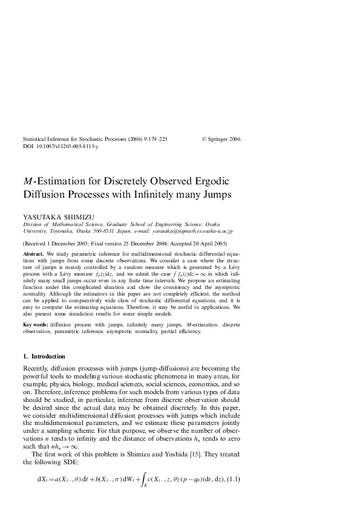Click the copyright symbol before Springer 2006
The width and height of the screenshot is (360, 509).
coord(203,139)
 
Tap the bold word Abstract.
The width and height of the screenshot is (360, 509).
coord(33,254)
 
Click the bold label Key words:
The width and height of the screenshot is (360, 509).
coord(37,325)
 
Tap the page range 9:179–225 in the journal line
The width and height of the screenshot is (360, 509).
coord(153,139)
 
